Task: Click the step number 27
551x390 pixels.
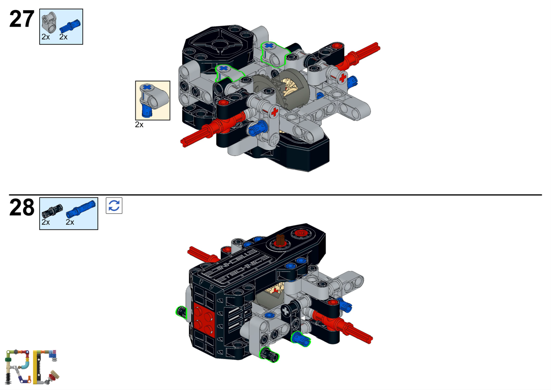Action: coord(22,19)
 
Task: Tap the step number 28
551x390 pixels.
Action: coord(22,208)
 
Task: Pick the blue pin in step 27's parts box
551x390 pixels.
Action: coord(69,27)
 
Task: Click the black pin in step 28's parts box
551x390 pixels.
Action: coord(52,211)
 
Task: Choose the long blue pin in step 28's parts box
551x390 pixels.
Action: coord(80,208)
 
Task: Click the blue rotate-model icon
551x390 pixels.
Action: coord(114,205)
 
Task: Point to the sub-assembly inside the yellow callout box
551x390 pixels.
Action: coord(153,100)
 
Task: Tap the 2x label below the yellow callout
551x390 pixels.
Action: coord(139,125)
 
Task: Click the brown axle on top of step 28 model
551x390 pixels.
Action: coord(280,240)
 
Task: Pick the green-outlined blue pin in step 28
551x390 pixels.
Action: coord(300,338)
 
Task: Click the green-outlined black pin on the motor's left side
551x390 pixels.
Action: coord(181,312)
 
